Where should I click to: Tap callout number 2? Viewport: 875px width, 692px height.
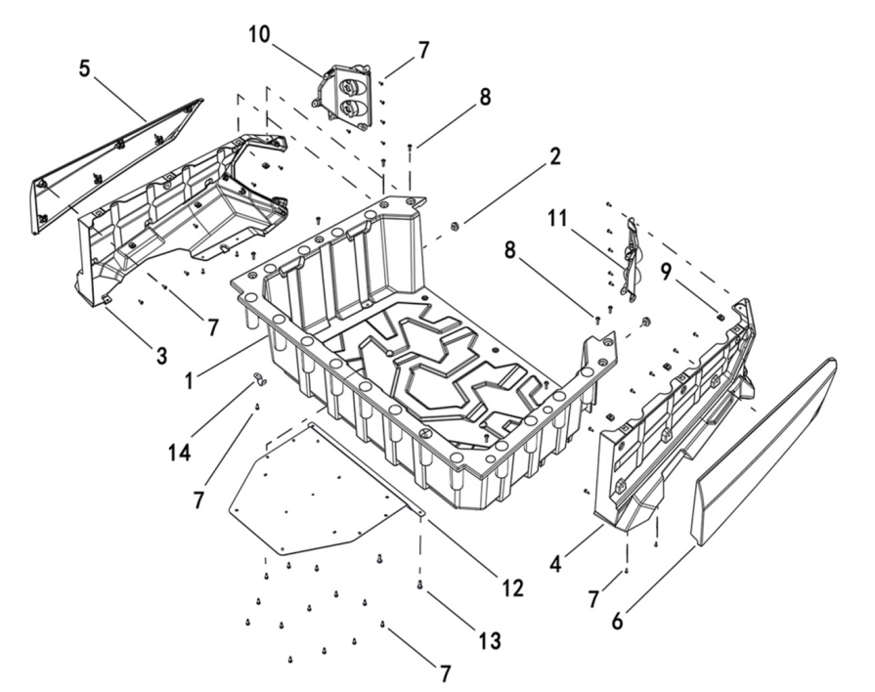[x=554, y=156]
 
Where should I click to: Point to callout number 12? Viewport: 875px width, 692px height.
[x=513, y=588]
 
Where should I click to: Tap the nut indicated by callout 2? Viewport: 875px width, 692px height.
[x=456, y=228]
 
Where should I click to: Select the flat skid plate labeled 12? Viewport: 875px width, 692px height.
[x=313, y=489]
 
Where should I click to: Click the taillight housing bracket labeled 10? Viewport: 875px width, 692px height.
[x=345, y=95]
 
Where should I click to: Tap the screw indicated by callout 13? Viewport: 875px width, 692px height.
[x=420, y=584]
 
